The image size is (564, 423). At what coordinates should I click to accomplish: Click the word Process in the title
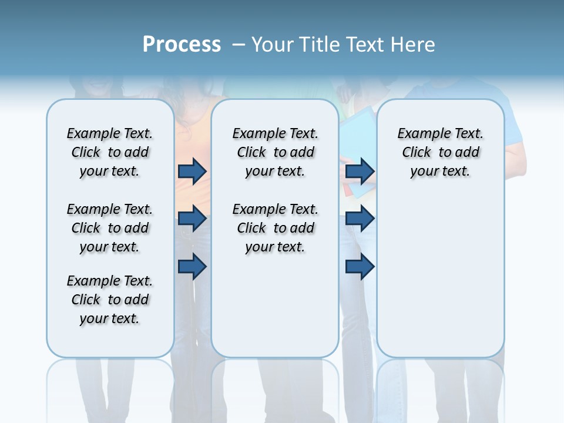(182, 45)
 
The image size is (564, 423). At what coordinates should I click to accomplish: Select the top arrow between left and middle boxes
(192, 171)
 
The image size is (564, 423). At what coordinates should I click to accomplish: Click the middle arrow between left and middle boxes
(192, 219)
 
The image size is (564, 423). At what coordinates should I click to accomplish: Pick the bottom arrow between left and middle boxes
(192, 267)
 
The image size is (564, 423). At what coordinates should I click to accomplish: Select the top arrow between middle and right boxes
(360, 171)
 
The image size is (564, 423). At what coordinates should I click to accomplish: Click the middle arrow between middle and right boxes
(360, 219)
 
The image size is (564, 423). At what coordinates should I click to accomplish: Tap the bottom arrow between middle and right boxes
(360, 267)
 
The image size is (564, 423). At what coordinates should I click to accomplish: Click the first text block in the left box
(110, 152)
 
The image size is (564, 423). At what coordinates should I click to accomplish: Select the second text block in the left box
(110, 228)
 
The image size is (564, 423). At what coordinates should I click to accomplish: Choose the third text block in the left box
(110, 300)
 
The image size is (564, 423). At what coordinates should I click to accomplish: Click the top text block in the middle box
(275, 152)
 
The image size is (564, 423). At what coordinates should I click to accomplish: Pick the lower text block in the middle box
(275, 228)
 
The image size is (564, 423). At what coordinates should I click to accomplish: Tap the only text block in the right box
(440, 152)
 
